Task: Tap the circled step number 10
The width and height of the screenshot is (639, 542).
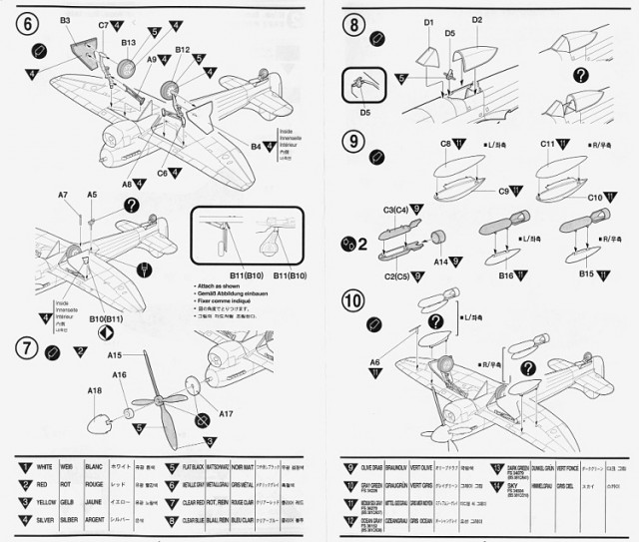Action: point(352,300)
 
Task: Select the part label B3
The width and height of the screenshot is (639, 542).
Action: point(65,19)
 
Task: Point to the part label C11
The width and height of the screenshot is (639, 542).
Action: point(547,144)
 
